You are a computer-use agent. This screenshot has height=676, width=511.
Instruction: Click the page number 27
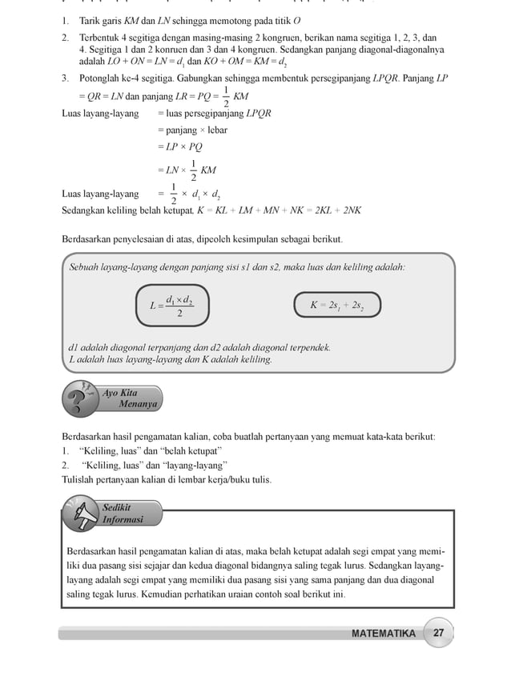coord(439,633)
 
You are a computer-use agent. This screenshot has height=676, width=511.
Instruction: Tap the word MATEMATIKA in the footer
coord(384,634)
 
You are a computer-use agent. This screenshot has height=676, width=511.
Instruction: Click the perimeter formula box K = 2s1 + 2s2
coord(336,305)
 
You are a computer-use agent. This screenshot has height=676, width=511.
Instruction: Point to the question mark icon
coord(77,400)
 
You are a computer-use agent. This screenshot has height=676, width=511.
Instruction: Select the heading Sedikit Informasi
coord(123,513)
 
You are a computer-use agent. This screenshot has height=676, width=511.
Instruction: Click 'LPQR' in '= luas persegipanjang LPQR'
coord(257,113)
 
